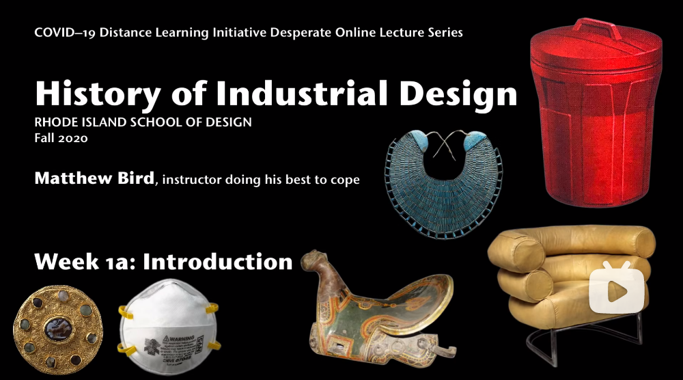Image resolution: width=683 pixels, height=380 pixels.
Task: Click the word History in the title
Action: [98, 94]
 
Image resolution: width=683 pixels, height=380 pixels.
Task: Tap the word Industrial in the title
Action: [301, 92]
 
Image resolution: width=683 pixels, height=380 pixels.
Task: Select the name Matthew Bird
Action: [94, 178]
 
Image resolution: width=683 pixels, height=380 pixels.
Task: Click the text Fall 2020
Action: [61, 138]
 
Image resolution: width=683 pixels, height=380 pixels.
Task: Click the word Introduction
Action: [217, 262]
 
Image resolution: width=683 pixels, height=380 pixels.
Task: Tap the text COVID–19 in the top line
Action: [65, 33]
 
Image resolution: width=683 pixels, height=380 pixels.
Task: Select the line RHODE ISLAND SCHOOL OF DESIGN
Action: [143, 122]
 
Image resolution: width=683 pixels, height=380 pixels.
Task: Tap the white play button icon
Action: [617, 287]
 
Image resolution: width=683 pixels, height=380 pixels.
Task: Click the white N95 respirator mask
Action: [168, 327]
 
